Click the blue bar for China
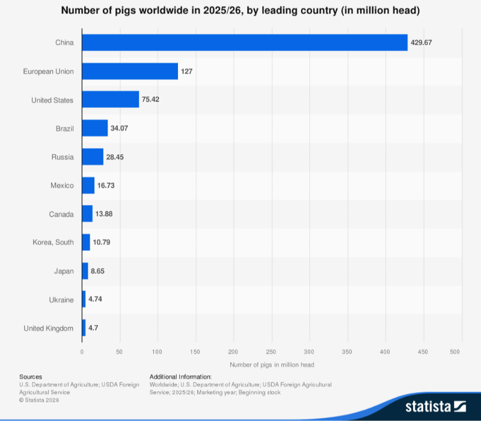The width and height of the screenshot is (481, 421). (x=245, y=42)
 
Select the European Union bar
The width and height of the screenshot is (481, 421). (x=130, y=71)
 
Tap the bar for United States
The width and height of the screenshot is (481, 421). (x=111, y=99)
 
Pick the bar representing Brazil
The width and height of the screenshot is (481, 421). (x=95, y=128)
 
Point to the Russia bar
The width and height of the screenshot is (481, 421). (x=93, y=157)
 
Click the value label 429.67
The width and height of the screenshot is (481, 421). (x=421, y=43)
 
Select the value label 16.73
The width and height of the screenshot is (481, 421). (x=106, y=186)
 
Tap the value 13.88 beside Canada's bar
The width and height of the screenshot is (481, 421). (x=104, y=214)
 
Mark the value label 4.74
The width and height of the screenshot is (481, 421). (x=95, y=299)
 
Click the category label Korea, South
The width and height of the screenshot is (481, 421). (x=53, y=242)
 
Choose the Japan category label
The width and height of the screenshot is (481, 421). (x=64, y=271)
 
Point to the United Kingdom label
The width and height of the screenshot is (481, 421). (x=49, y=328)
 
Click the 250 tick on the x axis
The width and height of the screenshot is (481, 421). (x=271, y=352)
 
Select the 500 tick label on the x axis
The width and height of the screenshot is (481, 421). (x=455, y=352)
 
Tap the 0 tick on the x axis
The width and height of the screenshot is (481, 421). (x=82, y=352)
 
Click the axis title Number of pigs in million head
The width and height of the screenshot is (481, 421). (x=272, y=365)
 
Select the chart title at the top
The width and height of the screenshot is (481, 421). (x=240, y=10)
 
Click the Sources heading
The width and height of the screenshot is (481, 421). (x=31, y=377)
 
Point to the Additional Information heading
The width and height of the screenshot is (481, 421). (x=181, y=377)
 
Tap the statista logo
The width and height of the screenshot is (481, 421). (x=435, y=407)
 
